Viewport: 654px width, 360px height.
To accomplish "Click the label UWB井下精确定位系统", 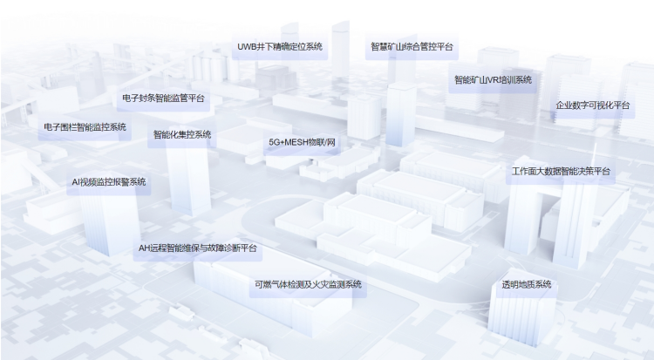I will click(x=280, y=46).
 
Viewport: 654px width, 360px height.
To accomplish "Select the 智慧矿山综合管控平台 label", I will click(x=412, y=46).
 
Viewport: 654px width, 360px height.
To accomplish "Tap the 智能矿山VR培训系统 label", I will click(x=493, y=79).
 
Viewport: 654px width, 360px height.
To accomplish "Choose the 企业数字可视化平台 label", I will click(x=593, y=105).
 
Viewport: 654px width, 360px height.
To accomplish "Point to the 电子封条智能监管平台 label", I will click(x=164, y=98).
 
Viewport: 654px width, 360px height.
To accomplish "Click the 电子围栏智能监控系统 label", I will click(x=85, y=126).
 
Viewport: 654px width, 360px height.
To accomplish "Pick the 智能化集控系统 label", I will click(x=182, y=134).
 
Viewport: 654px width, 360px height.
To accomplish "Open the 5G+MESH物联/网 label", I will click(x=302, y=141).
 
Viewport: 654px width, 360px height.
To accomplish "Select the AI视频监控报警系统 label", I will click(x=109, y=182).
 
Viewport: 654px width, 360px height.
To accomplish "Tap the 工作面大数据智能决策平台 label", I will click(x=562, y=172).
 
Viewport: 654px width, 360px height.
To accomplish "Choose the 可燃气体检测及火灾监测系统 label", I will click(x=308, y=283).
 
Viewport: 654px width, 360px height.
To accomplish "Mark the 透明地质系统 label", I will click(x=526, y=284).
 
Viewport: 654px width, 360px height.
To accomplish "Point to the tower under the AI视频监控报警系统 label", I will click(x=111, y=222).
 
